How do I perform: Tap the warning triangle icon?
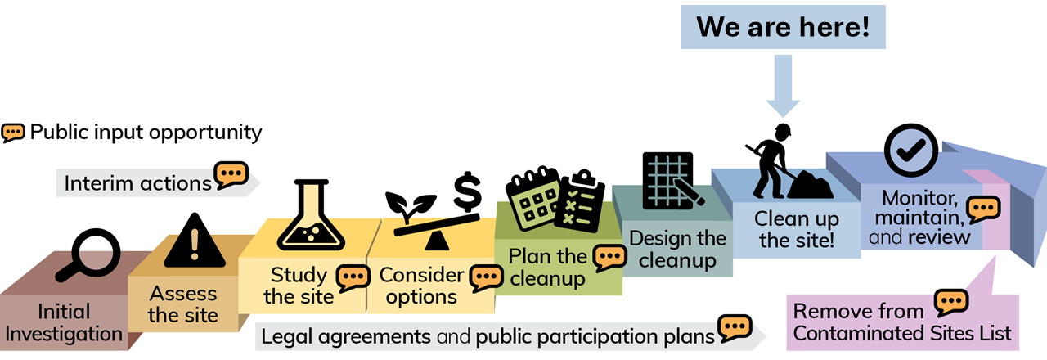coord(193,240)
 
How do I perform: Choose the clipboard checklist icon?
coord(580,200)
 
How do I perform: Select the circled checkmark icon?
coord(911,148)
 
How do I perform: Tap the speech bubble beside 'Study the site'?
coord(353,280)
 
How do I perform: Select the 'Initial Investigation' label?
coord(64,322)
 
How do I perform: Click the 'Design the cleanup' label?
coord(678,250)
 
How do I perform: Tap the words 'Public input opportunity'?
coord(146,132)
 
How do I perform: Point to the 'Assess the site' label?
coord(183,304)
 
